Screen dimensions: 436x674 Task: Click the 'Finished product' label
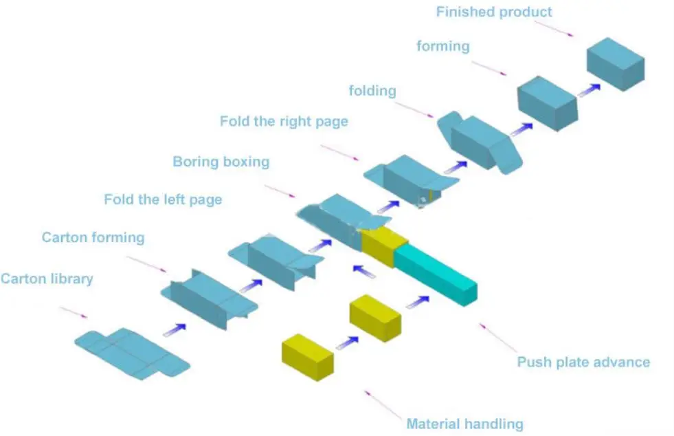click(x=494, y=12)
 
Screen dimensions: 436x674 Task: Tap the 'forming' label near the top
click(x=442, y=46)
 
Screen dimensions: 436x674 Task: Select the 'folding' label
click(x=372, y=90)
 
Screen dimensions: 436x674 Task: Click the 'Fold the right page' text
click(x=284, y=121)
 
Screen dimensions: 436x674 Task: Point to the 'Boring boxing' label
click(x=221, y=162)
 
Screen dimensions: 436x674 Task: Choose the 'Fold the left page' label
click(x=163, y=199)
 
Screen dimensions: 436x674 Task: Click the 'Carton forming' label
click(x=93, y=237)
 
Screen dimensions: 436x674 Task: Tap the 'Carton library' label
click(x=47, y=279)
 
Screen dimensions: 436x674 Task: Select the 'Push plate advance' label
click(x=583, y=362)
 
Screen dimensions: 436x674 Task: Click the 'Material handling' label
click(x=464, y=424)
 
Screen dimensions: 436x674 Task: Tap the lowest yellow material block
click(x=307, y=357)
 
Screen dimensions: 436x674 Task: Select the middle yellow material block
click(x=375, y=318)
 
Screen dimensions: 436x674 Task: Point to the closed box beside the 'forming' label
click(x=546, y=103)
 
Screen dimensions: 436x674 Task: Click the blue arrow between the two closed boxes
click(x=588, y=89)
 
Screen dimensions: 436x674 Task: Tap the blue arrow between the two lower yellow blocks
click(x=347, y=342)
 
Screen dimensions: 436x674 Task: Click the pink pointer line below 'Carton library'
click(x=74, y=312)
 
